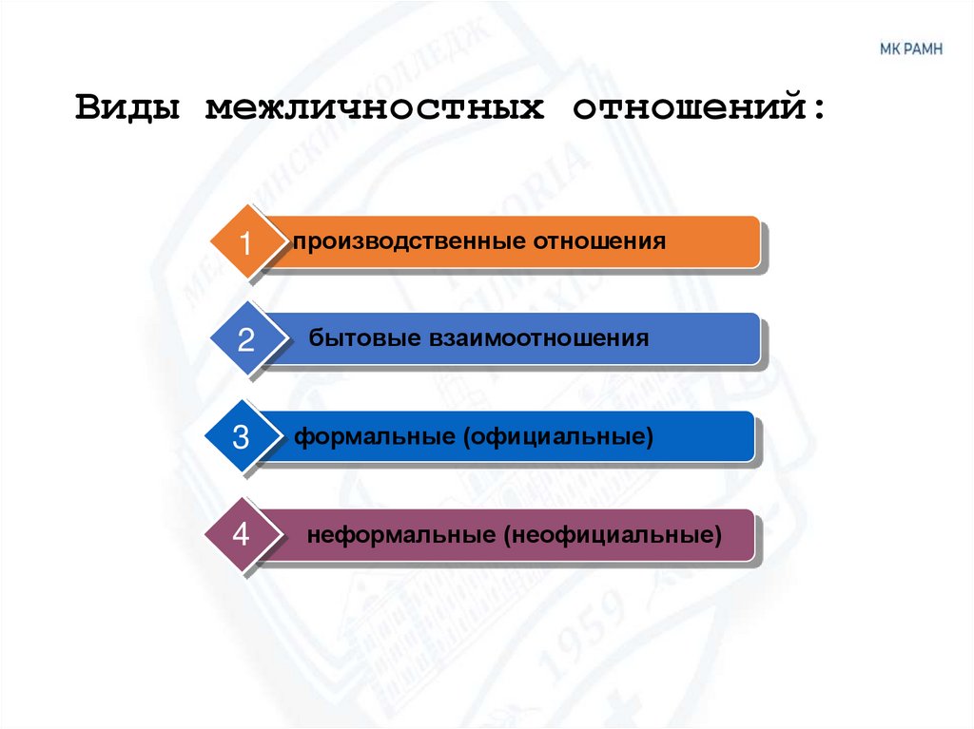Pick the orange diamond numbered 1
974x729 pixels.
click(245, 242)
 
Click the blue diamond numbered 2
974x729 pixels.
click(245, 339)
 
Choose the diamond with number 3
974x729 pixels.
click(242, 437)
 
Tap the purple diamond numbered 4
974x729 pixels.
click(242, 535)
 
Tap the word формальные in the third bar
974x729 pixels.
click(373, 437)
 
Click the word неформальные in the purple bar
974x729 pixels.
click(399, 535)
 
